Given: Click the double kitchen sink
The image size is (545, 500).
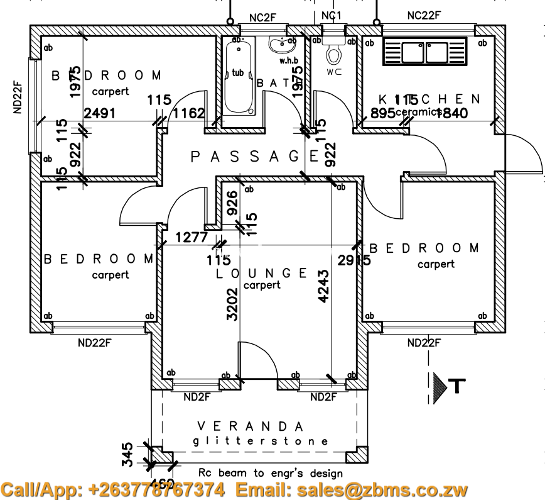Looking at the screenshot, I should point(425,52).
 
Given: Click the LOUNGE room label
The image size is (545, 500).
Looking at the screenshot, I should point(262,274).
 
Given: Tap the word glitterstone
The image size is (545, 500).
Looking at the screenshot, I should point(260,441).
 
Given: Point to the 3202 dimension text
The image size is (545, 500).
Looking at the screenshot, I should point(232,304).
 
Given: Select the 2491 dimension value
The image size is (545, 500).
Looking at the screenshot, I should point(101,113).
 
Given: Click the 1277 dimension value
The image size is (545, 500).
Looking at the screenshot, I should point(192,238).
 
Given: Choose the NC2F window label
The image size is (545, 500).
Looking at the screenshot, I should point(262,18).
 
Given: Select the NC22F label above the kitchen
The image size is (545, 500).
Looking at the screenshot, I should point(424,15).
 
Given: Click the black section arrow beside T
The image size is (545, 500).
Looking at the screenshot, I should point(440,385).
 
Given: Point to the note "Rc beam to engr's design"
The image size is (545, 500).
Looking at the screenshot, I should point(271,472).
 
